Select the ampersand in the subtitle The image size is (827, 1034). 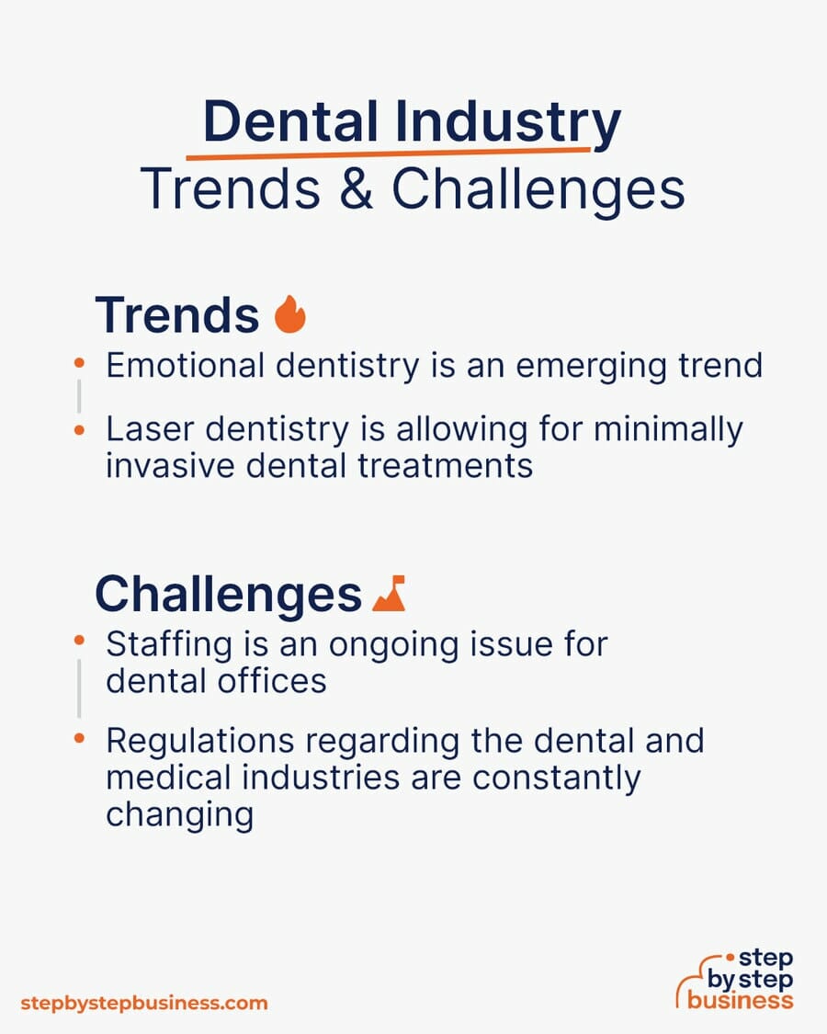pyautogui.click(x=355, y=189)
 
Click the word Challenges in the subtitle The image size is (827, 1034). pyautogui.click(x=538, y=189)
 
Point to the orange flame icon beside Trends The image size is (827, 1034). pyautogui.click(x=290, y=315)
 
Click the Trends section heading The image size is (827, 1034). pyautogui.click(x=176, y=315)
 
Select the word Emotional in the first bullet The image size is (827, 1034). pyautogui.click(x=183, y=365)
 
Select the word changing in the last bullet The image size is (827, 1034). pyautogui.click(x=179, y=814)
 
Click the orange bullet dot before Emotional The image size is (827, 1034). pyautogui.click(x=80, y=365)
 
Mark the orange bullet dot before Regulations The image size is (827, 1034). pyautogui.click(x=80, y=738)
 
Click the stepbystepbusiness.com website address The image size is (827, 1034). pyautogui.click(x=143, y=1003)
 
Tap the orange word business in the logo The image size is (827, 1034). pyautogui.click(x=740, y=999)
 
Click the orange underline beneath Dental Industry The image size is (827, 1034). pyautogui.click(x=386, y=153)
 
